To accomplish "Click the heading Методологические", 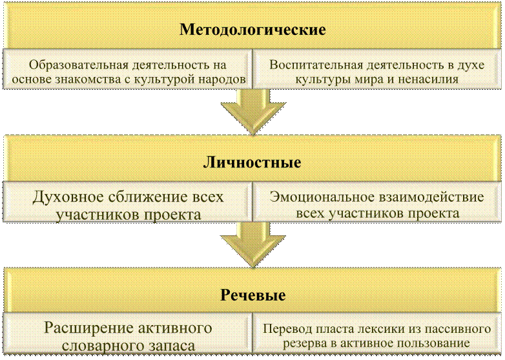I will click(252, 30).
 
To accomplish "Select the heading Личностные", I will click(252, 162).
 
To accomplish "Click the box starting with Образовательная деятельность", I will click(128, 72).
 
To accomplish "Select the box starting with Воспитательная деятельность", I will click(376, 72).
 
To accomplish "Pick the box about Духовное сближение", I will click(128, 205).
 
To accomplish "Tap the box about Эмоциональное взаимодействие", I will click(376, 205).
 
